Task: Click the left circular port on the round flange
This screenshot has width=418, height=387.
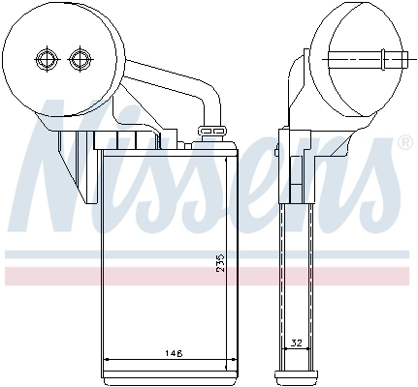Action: tap(45, 60)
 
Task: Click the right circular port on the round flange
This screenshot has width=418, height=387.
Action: tap(80, 60)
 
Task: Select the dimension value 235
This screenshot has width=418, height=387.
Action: tap(220, 264)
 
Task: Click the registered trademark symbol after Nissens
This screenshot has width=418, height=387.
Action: tap(405, 143)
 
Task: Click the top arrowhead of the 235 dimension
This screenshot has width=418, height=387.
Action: tap(227, 157)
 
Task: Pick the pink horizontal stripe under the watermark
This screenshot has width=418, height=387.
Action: tap(209, 276)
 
